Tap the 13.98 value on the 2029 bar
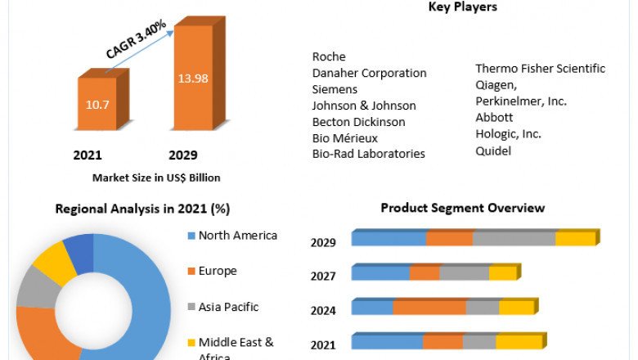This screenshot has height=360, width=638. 192,78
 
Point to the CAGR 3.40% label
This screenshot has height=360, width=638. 136,38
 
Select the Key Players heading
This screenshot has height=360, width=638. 462,7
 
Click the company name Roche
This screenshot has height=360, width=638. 329,56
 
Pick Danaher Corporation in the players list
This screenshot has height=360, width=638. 369,73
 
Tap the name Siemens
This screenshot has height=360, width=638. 335,89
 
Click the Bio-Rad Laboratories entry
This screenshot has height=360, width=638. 368,153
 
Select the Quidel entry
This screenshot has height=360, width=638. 493,150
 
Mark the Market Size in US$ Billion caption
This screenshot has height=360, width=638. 156,178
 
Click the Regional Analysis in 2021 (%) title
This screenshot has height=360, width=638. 142,209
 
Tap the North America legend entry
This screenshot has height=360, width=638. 237,236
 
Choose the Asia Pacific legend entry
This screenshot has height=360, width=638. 228,307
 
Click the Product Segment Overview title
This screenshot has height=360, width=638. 462,208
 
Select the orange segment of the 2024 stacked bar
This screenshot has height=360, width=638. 429,308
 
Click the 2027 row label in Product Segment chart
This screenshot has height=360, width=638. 323,277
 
